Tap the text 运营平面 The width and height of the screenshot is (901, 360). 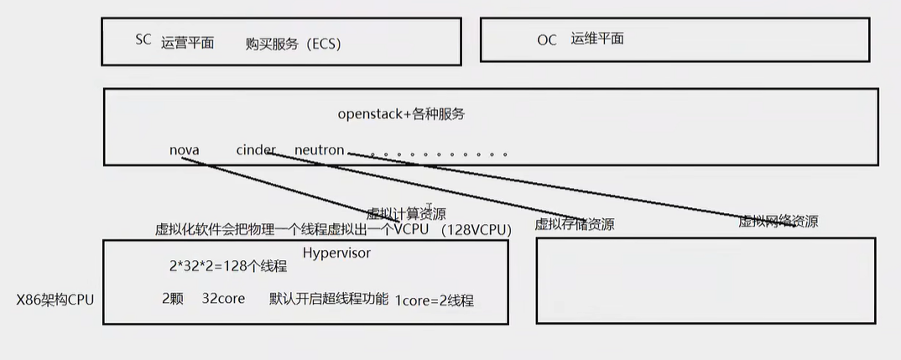coord(187,43)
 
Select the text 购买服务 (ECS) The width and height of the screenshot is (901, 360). coord(294,44)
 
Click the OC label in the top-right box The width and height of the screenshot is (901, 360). coord(547,39)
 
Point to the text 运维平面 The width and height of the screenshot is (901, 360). coord(597,39)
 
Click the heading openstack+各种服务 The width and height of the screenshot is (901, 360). coord(401,114)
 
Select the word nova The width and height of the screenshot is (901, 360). coord(184,150)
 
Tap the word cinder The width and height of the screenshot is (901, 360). coord(255,150)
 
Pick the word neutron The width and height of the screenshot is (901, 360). coord(319,150)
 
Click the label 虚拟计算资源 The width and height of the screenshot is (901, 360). coord(406,213)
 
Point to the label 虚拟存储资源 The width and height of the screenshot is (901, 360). coord(575,224)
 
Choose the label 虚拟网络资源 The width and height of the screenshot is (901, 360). coord(778,222)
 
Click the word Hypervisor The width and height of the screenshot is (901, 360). coord(336,252)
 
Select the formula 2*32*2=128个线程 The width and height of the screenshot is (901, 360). coord(228,267)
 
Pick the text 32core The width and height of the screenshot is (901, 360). coord(223,299)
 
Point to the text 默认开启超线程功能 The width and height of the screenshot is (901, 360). coord(329,299)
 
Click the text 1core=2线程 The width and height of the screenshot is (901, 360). coord(435,300)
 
